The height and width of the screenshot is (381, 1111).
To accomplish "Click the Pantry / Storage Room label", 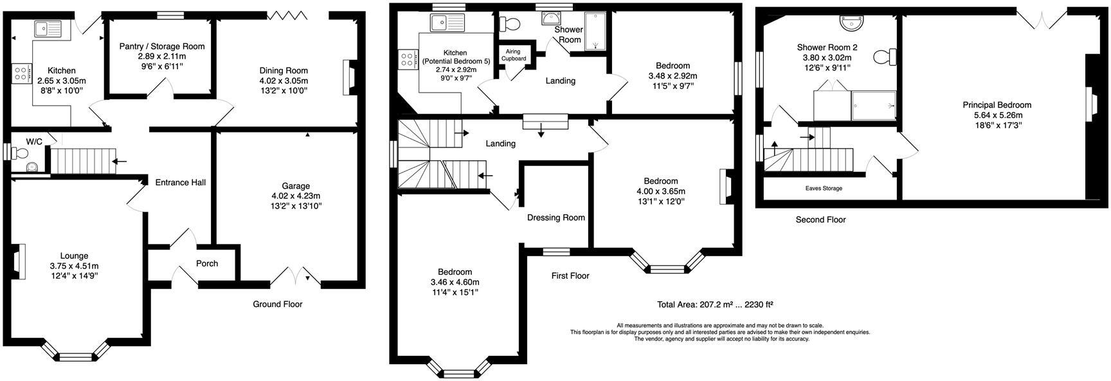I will click(x=162, y=46).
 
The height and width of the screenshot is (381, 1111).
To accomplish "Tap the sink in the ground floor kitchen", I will click(x=48, y=28).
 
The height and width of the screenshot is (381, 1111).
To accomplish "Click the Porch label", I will click(x=207, y=263).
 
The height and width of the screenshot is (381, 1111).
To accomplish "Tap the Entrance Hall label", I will click(x=180, y=182).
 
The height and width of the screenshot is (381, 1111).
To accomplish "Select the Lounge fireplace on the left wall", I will click(x=21, y=261).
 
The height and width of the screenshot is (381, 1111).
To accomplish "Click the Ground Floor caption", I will click(x=277, y=304).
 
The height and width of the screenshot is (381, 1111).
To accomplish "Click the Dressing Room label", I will click(x=556, y=218).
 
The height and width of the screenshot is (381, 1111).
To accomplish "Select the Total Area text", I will click(x=715, y=304).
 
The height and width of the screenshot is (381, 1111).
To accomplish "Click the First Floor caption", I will click(x=570, y=275).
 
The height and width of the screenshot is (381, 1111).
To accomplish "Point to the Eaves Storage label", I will click(x=824, y=189).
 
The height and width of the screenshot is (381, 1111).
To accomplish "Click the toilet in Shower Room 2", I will click(x=885, y=57).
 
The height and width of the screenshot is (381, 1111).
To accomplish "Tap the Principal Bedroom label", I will click(x=997, y=105).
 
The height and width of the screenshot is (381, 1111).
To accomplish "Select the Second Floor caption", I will click(x=820, y=219).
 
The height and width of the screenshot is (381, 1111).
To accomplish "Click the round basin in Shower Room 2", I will click(x=853, y=23).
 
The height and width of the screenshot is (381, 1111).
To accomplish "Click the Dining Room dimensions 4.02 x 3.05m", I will click(x=284, y=80).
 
